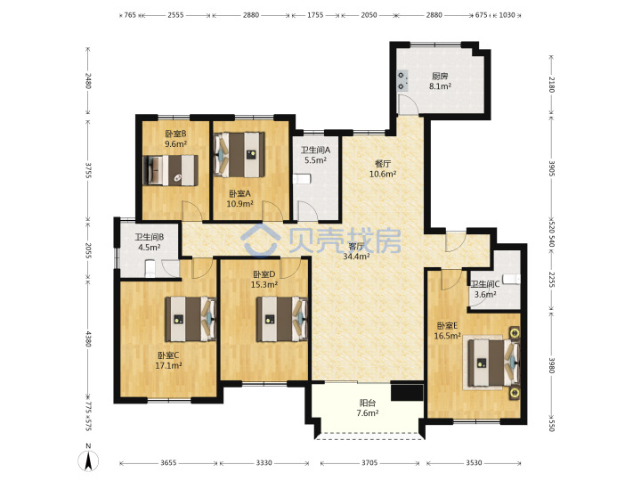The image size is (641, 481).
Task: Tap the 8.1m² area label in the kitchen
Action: click(440, 86)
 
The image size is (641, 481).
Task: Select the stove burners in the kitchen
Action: click(402, 80)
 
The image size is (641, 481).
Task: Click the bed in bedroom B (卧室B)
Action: click(171, 170)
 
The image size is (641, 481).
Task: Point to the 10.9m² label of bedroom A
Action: click(240, 204)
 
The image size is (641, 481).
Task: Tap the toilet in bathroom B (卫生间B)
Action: click(150, 267)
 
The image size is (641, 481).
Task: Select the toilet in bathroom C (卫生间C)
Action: click(512, 279)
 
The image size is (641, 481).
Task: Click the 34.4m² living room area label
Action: click(356, 257)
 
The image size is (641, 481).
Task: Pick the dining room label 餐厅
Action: click(383, 164)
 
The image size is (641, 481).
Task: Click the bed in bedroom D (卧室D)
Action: click(281, 319)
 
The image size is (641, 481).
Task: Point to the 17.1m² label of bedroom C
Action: click(168, 366)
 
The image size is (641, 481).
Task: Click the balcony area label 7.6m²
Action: click(368, 413)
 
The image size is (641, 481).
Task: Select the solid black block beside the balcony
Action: click(407, 392)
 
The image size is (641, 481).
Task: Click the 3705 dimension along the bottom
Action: click(369, 463)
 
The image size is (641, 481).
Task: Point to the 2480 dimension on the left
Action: click(88, 81)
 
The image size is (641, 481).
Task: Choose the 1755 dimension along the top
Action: click(315, 15)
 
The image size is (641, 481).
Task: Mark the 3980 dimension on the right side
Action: click(551, 365)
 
